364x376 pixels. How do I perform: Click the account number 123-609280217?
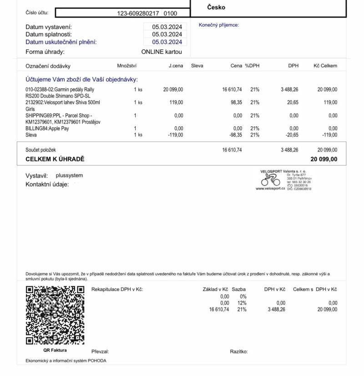(x=138, y=13)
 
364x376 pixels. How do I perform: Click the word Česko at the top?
(x=216, y=7)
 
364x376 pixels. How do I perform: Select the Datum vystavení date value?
(x=167, y=27)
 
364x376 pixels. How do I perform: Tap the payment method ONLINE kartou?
(x=162, y=52)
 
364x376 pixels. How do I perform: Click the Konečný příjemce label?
(x=218, y=25)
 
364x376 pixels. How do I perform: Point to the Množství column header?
(x=127, y=66)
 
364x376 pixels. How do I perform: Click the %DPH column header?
(x=252, y=66)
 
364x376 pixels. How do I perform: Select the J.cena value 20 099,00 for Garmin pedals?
(x=173, y=89)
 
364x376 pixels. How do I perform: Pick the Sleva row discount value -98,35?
(x=235, y=135)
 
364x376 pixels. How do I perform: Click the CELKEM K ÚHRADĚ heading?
(x=55, y=159)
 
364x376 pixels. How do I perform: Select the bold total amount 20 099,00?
(x=324, y=159)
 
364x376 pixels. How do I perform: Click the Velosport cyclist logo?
(x=271, y=181)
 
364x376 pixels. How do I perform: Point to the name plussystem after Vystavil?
(x=69, y=175)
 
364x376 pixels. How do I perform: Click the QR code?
(x=55, y=315)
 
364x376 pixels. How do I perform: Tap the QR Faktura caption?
(x=55, y=350)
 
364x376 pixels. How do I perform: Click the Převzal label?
(x=100, y=351)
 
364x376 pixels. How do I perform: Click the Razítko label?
(x=239, y=351)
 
